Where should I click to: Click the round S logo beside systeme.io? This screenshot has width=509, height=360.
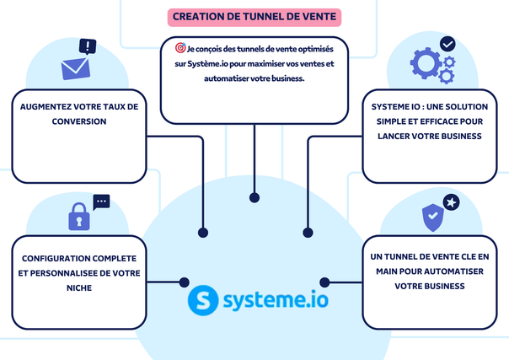202,300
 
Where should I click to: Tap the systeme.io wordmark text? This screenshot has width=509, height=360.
271,301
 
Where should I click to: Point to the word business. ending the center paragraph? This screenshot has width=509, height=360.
286,78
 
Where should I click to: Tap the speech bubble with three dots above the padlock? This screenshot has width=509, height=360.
101,201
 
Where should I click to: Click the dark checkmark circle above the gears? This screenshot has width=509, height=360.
447,43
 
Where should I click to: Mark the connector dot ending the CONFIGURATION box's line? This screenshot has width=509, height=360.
185,282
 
